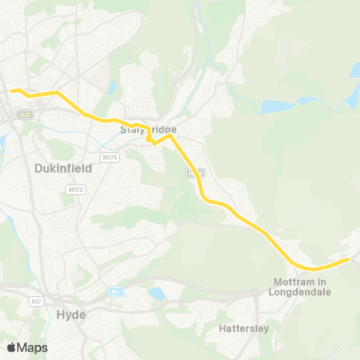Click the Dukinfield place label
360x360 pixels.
(x=63, y=169)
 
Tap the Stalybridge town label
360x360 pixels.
(x=148, y=130)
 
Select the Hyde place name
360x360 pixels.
(x=71, y=314)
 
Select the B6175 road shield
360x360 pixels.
(x=109, y=157)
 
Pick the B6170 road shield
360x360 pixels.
(x=75, y=190)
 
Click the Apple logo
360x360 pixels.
(x=11, y=347)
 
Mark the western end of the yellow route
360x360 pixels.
(x=11, y=91)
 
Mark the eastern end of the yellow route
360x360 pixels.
(x=348, y=259)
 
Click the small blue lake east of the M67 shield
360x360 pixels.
(x=157, y=293)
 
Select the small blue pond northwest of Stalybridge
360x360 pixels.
(x=112, y=87)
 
